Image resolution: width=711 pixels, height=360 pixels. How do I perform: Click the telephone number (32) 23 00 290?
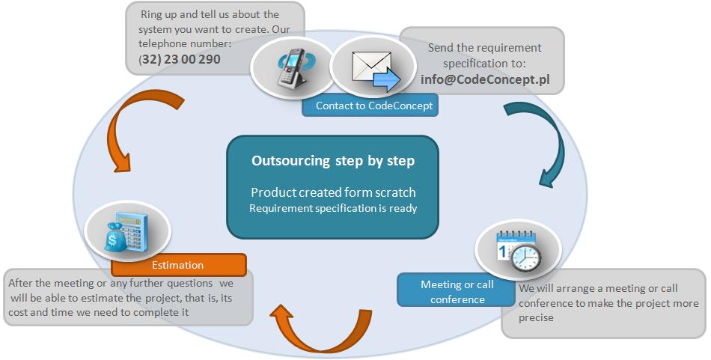(180, 59)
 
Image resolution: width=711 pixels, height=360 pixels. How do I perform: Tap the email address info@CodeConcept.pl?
(485, 79)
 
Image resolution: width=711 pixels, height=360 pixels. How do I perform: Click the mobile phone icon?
(293, 67)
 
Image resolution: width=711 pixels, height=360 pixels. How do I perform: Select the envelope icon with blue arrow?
(376, 70)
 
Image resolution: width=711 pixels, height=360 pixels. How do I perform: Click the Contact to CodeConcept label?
(374, 106)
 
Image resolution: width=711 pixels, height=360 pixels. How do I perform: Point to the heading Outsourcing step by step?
(333, 161)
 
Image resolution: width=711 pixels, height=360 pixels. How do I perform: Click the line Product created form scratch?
(333, 192)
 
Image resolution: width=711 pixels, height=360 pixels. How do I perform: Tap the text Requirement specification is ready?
(333, 209)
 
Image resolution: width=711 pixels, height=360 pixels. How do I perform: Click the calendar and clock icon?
(519, 250)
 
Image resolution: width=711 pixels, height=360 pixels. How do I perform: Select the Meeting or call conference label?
(457, 292)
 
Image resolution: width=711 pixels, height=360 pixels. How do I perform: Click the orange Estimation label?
(178, 265)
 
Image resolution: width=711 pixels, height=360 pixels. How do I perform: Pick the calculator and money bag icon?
(127, 231)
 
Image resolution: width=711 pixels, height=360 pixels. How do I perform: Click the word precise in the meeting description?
(536, 318)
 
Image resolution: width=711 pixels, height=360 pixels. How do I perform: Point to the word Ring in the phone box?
(151, 15)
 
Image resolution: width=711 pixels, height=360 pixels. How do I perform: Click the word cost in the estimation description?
(18, 312)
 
